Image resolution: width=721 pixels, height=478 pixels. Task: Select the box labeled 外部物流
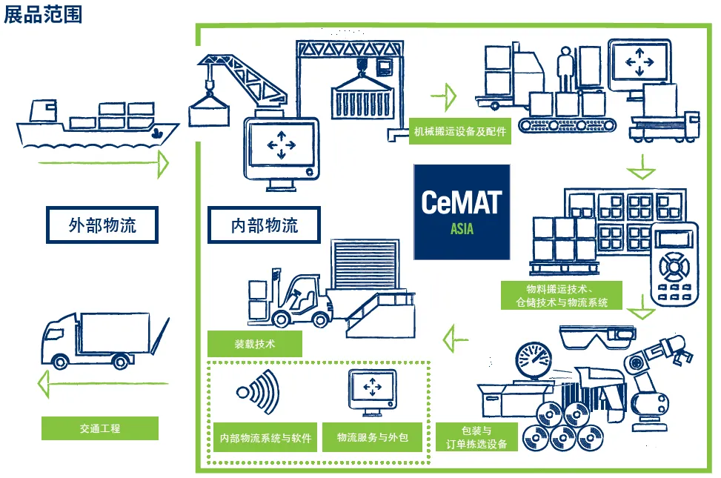[x=102, y=225]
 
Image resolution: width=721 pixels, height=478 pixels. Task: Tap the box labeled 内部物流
[x=265, y=225]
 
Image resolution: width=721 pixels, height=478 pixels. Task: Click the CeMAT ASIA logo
[x=462, y=212]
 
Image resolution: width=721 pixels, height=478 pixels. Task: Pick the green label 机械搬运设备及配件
[x=459, y=132]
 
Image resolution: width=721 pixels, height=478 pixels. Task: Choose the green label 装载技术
[x=255, y=344]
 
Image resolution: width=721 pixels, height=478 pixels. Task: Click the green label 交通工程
[x=100, y=428]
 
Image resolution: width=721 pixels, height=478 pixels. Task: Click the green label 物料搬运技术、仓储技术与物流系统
[x=561, y=295]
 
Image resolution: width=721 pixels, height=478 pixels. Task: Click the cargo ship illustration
[x=96, y=124]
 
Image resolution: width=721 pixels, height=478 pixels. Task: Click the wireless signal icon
[x=259, y=392]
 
